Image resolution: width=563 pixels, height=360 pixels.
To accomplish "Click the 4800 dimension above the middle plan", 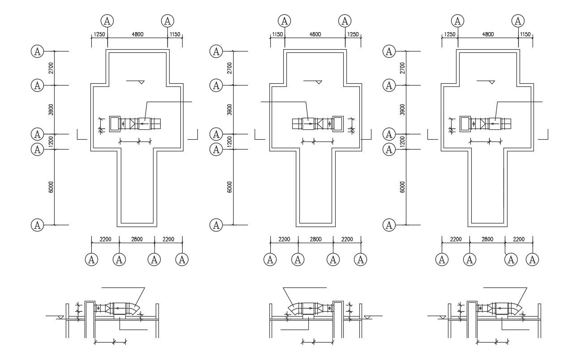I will click(x=315, y=34).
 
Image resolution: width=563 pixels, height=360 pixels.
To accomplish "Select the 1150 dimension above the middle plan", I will click(x=277, y=34).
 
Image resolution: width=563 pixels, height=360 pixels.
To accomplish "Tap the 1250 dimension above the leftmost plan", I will click(x=99, y=34).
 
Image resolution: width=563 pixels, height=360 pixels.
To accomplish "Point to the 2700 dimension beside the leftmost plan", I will click(x=51, y=68).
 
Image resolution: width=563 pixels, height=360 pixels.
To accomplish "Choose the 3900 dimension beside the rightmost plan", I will click(x=402, y=109).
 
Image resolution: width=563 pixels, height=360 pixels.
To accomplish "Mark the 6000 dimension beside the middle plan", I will click(x=230, y=187).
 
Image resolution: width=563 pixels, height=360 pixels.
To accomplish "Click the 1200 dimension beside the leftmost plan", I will click(x=51, y=141).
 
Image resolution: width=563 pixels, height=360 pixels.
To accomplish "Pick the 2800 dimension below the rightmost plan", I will click(x=487, y=239).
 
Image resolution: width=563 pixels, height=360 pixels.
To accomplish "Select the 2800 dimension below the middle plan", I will click(x=316, y=239).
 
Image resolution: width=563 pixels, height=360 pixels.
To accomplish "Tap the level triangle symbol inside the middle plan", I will click(x=319, y=82).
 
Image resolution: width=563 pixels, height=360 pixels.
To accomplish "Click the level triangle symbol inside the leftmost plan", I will click(x=141, y=82).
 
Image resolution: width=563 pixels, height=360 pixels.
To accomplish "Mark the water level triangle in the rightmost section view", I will click(x=443, y=317).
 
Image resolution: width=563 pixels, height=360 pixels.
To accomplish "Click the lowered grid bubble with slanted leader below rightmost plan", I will click(x=511, y=259).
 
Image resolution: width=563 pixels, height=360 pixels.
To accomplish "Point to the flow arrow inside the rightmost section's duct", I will click(x=501, y=308).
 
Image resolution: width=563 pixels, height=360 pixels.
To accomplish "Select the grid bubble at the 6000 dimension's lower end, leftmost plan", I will click(x=37, y=225).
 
